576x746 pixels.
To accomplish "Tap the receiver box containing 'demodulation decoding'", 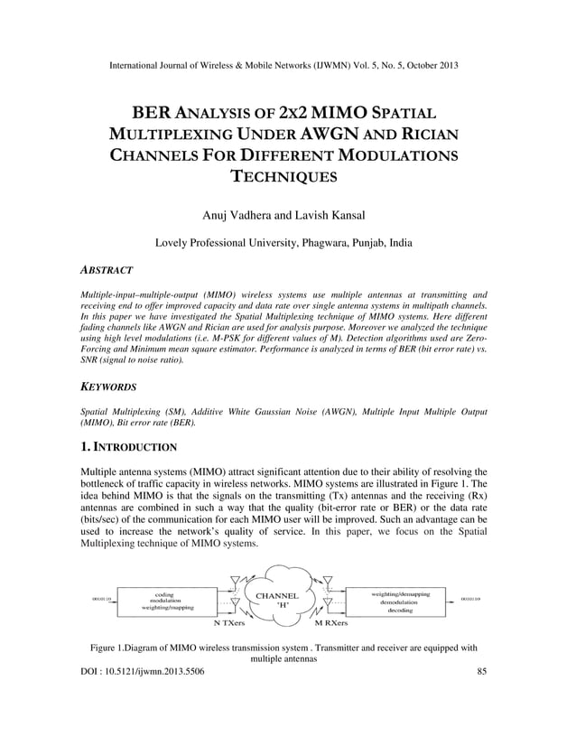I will coord(401,601).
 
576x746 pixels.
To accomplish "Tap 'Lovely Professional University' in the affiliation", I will coord(233,243).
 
